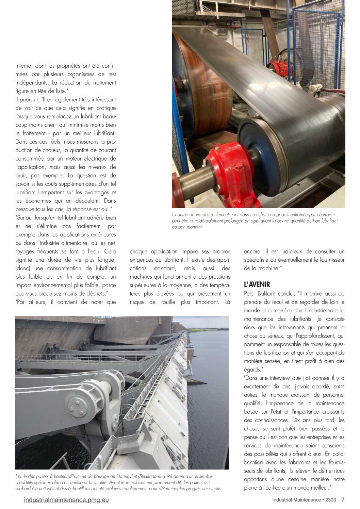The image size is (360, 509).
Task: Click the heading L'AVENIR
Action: (257, 285)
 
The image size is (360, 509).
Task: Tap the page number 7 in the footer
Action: (343, 499)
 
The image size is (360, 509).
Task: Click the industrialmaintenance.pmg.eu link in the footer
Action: (66, 500)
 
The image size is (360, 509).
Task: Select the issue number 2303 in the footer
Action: (330, 500)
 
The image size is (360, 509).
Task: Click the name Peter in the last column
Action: (251, 294)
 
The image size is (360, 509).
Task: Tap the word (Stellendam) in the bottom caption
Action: (155, 476)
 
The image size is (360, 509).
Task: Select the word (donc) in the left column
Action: (23, 268)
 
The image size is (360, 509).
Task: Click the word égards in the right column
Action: (252, 370)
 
